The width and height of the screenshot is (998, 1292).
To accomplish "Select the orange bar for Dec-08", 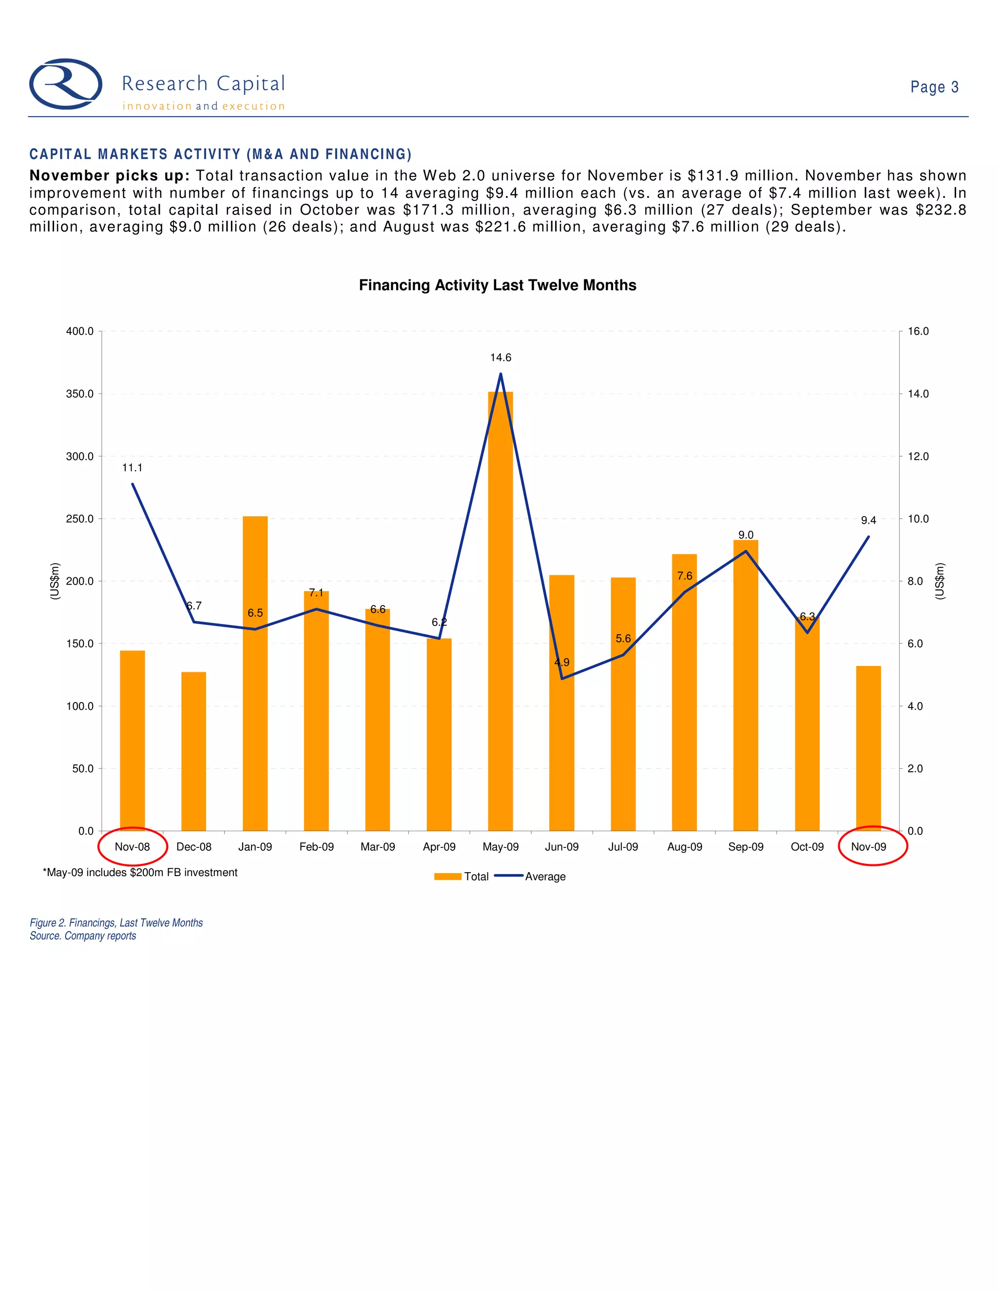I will click(194, 751).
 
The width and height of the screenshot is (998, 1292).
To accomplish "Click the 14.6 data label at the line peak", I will click(500, 357).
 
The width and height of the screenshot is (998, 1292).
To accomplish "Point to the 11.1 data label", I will click(132, 468).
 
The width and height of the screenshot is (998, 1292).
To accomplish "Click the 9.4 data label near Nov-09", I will click(868, 520).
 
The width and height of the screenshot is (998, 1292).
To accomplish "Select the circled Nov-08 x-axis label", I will click(133, 846).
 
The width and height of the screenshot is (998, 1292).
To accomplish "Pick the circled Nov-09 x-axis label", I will click(868, 846).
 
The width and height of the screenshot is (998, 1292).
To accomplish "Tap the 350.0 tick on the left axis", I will click(80, 394).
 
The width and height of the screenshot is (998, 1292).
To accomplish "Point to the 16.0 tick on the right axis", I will click(918, 331).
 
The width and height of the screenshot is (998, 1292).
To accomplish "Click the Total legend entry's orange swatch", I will click(447, 877).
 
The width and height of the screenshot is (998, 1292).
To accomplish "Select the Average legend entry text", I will click(545, 877).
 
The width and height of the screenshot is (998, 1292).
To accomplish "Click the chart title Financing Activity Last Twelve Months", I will click(497, 285).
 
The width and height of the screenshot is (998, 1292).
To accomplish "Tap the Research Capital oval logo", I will click(66, 84).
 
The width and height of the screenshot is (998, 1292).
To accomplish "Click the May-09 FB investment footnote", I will click(140, 873).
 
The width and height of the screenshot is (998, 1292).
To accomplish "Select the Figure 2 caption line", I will click(116, 923).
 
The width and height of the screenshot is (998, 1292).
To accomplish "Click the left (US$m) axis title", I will click(55, 581).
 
